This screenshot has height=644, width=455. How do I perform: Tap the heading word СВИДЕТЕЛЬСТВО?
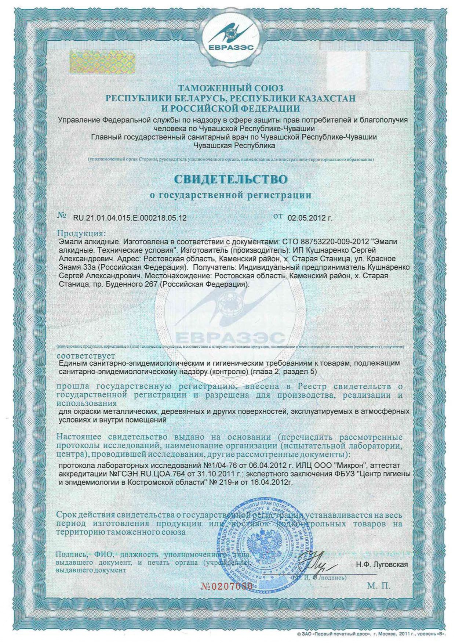[x=231, y=179]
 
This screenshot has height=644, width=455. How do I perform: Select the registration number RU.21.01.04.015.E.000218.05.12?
[x=130, y=218]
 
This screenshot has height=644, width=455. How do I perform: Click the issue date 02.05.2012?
[x=307, y=218]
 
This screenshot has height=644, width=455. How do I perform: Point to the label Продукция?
[x=81, y=234]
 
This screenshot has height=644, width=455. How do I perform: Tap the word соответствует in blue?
[x=86, y=356]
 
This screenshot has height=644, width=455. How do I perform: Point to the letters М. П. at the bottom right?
[x=379, y=586]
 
